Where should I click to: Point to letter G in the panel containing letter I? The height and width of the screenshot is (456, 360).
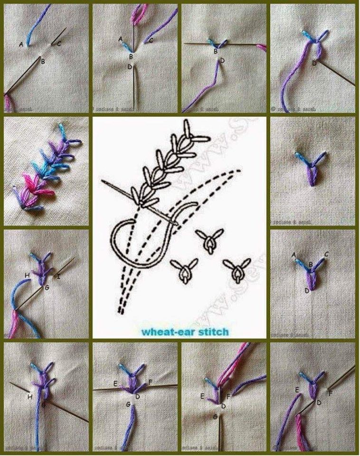(47, 288)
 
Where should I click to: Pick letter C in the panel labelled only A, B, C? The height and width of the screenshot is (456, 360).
(59, 44)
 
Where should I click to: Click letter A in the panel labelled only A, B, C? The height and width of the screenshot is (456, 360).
(21, 44)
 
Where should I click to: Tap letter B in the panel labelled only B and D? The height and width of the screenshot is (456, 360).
(216, 51)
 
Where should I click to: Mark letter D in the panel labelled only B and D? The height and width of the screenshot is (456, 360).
(222, 60)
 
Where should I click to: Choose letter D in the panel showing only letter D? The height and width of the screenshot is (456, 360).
(314, 63)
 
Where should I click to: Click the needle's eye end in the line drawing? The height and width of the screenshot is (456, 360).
(103, 181)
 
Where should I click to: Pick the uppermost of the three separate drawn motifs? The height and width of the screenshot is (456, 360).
(209, 239)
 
